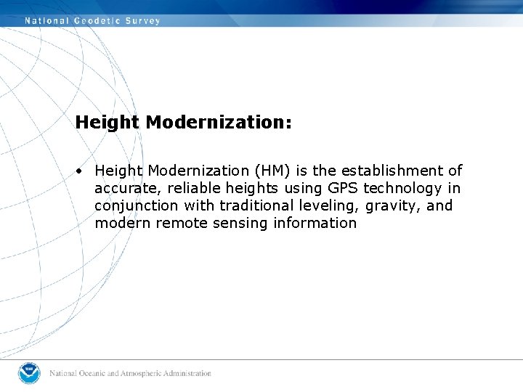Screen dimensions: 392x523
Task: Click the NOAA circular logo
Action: point(30,373)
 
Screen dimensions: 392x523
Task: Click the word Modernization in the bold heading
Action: point(219,122)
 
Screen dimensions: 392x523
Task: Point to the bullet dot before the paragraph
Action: point(78,171)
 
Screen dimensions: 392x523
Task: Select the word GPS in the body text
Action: point(343,188)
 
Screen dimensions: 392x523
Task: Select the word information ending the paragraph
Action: point(315,223)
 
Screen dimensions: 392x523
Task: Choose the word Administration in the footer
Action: point(186,374)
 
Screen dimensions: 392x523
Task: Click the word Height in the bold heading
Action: point(107,122)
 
